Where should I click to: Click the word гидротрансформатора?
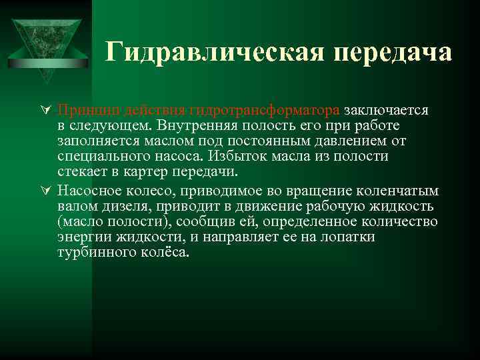(x=265, y=109)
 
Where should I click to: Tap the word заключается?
(x=386, y=109)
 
